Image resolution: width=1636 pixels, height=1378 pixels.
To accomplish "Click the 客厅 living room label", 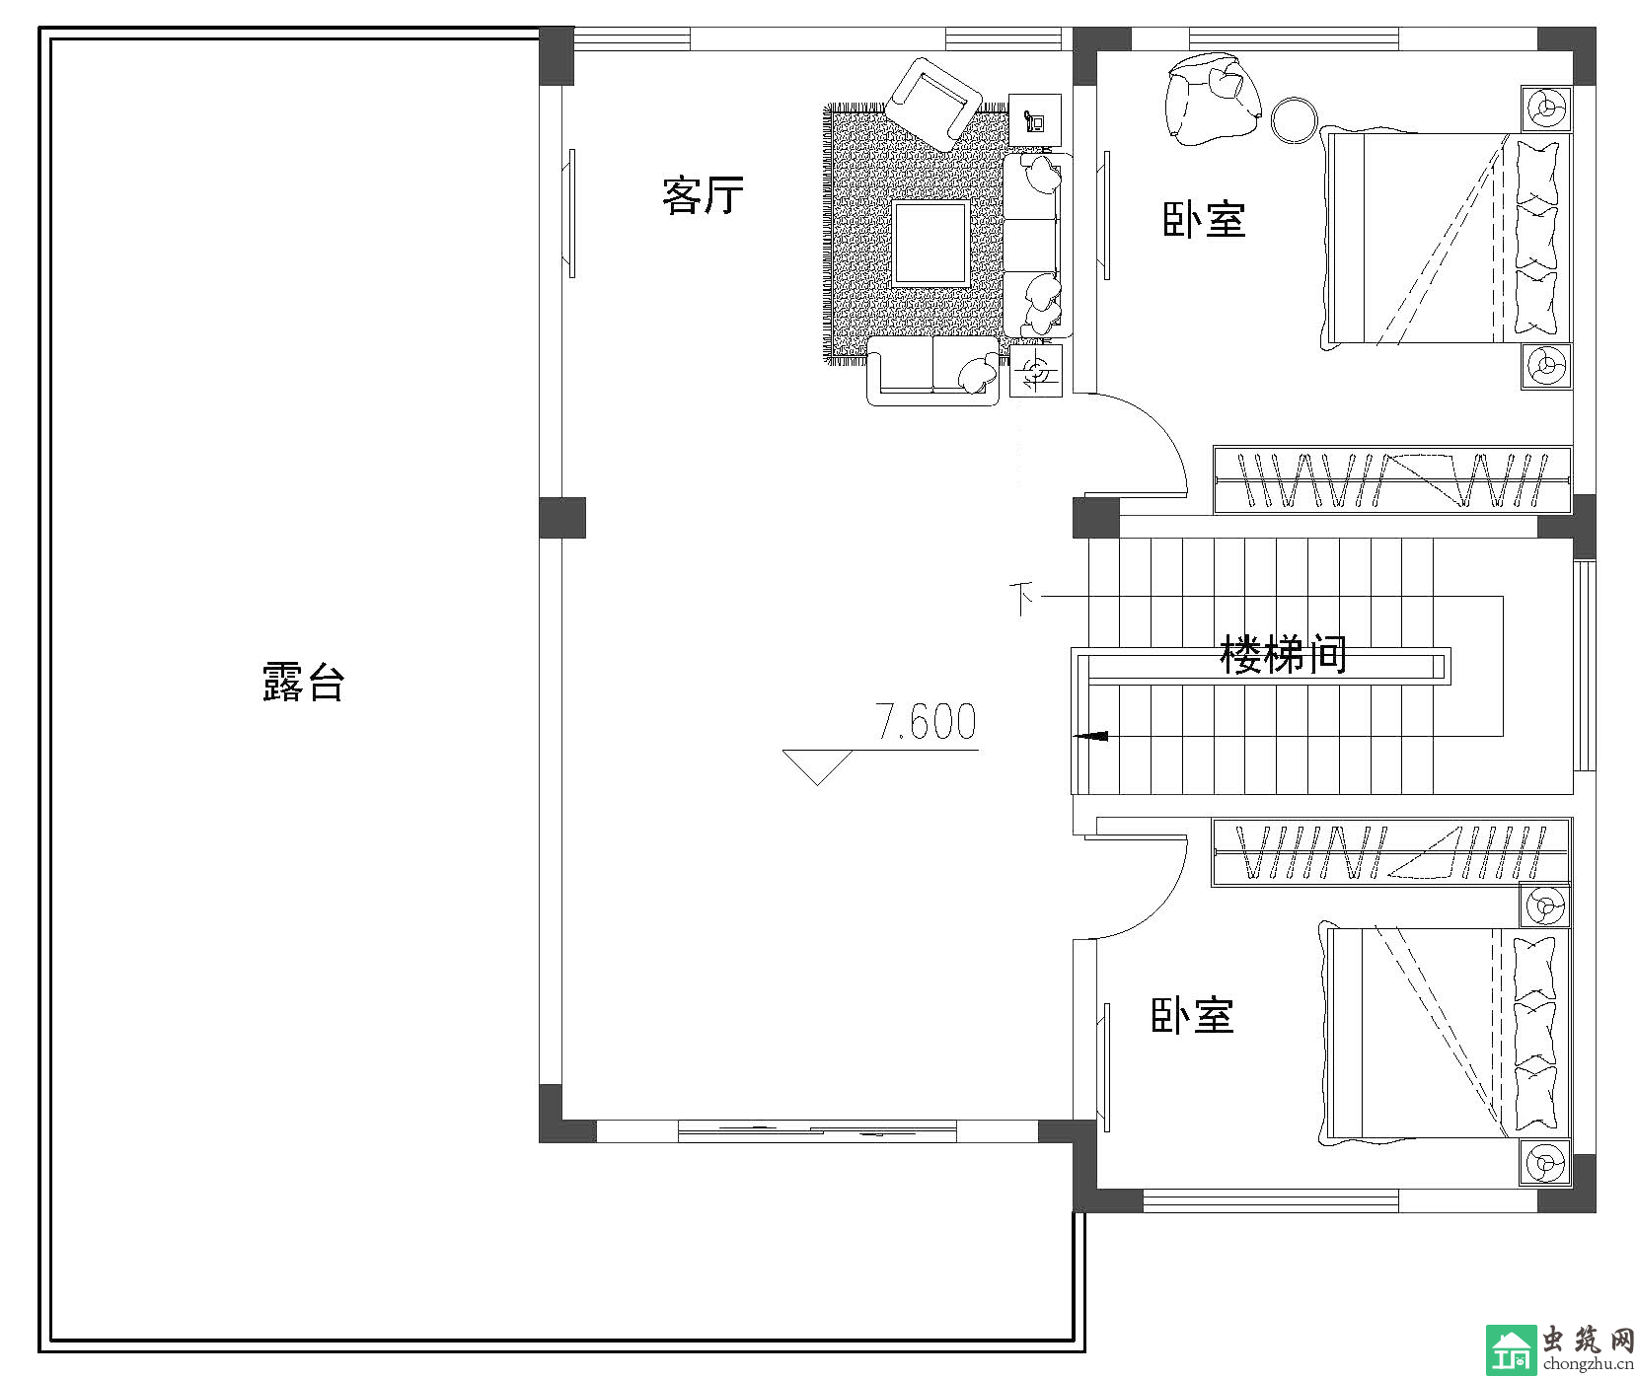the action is (703, 195).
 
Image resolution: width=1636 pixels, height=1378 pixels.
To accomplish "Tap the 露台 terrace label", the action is (303, 682).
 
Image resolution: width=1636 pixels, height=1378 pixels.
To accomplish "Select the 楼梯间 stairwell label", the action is (1283, 654).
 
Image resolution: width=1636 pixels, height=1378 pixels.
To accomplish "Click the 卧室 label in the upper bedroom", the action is (1204, 219).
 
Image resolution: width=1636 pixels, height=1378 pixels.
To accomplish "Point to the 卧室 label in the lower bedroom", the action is (1193, 1015).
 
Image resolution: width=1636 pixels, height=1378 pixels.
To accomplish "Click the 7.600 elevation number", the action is (927, 722).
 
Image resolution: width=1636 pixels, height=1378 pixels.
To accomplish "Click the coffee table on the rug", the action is (930, 244).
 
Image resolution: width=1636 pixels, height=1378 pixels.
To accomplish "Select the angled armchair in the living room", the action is (932, 102).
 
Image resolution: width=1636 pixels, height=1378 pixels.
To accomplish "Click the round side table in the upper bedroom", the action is (1294, 120).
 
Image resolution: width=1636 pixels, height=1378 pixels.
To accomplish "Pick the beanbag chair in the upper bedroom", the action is (1213, 99).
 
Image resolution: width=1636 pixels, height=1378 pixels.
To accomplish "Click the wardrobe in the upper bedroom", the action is (1391, 480).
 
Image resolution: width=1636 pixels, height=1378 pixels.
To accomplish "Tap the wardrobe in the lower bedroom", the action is (1391, 851).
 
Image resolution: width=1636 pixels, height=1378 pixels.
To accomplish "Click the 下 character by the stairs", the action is (1023, 599).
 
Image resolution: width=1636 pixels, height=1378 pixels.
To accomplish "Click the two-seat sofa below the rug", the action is (932, 370).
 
